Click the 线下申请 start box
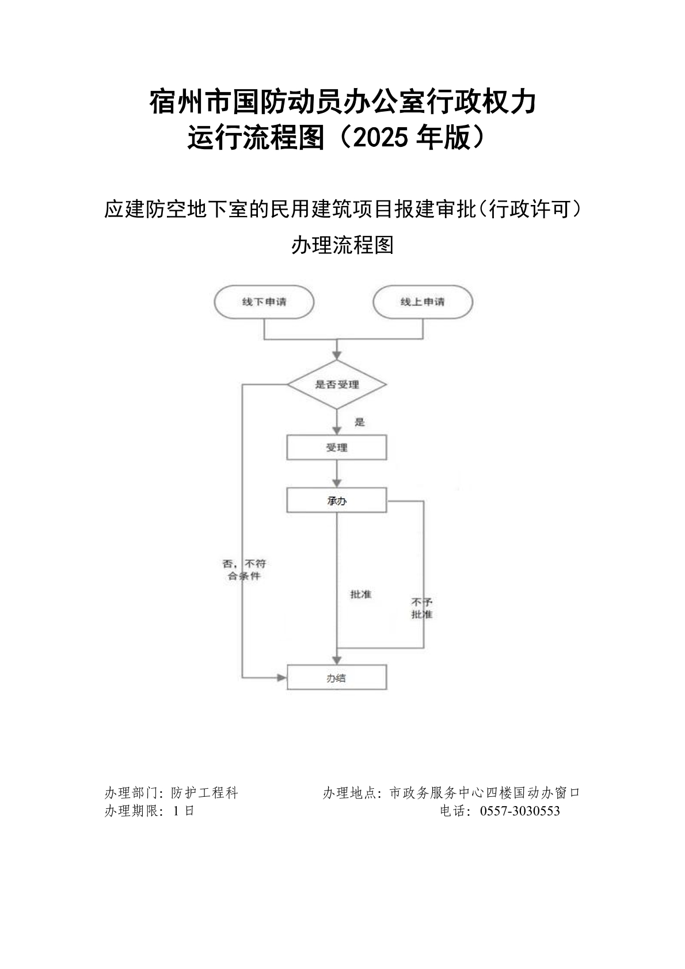(x=264, y=302)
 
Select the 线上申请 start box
(x=423, y=302)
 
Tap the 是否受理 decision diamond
(x=337, y=385)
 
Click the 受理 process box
(x=337, y=447)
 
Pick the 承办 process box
(x=337, y=500)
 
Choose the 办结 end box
(x=337, y=678)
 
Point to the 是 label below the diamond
(x=360, y=422)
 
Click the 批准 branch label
(x=361, y=594)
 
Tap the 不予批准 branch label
(x=422, y=609)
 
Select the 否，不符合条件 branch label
(x=244, y=569)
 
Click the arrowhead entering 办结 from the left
(x=281, y=678)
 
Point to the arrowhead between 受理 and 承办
(x=337, y=483)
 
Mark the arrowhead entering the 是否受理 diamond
(x=337, y=356)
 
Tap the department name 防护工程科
(x=205, y=793)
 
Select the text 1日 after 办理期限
(x=183, y=811)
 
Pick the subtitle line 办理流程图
(x=342, y=245)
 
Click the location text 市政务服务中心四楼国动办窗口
(x=485, y=793)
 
